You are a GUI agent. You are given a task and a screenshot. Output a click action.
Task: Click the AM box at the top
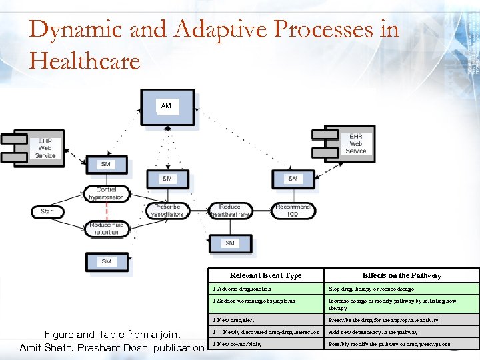click(166, 106)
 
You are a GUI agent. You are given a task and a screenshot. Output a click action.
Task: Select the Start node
click(47, 211)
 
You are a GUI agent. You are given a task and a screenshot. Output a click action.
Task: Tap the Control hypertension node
click(106, 193)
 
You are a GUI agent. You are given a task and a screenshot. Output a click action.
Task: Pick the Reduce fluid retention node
click(106, 229)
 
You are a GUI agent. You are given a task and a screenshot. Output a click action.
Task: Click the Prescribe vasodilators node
click(167, 211)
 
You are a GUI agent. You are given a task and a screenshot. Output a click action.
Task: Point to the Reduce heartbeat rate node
click(229, 211)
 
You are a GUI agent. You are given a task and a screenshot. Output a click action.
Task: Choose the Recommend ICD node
click(293, 211)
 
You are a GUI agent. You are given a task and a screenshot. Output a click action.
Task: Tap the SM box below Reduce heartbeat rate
click(229, 243)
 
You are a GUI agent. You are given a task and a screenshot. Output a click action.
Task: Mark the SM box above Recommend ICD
click(293, 179)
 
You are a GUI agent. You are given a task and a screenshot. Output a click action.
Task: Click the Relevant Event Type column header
click(265, 275)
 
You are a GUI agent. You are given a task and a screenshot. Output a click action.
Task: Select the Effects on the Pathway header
click(401, 275)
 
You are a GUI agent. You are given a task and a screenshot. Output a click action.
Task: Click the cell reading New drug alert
click(235, 320)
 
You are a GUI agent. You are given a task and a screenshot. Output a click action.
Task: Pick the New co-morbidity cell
click(237, 344)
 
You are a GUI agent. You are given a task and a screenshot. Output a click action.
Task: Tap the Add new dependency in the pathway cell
click(373, 332)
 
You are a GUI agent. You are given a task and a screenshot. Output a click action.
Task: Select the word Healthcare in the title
click(85, 61)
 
